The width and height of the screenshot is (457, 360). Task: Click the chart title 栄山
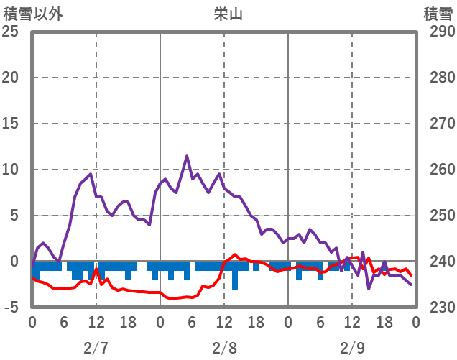229,14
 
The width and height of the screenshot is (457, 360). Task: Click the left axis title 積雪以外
32,14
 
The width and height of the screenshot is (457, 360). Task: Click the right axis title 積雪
437,14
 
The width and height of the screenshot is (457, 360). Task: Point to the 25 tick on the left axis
11,32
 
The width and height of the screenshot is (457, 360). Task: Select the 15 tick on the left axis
11,124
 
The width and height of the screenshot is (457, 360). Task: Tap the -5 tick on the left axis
11,308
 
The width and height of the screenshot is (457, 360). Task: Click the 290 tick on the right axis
438,32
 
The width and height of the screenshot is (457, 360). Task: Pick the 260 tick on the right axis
438,170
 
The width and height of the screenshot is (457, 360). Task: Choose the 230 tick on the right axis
438,308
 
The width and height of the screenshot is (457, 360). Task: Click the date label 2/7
96,349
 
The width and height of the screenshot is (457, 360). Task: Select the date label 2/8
224,349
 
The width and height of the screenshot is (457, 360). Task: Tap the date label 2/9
352,349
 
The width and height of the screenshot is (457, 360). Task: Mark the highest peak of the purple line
187,156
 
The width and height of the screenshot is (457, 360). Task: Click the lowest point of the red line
171,298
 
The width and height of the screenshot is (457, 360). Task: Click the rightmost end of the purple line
412,285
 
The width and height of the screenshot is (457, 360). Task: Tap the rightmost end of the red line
411,275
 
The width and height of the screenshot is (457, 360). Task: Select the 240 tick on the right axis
438,262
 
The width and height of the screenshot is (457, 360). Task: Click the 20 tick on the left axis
11,78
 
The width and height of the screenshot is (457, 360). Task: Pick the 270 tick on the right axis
438,124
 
